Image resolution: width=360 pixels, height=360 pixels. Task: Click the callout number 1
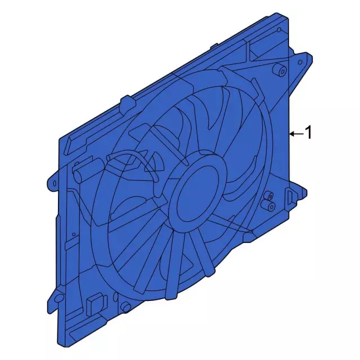(308, 133)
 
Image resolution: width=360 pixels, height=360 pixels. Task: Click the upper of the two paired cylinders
(268, 197)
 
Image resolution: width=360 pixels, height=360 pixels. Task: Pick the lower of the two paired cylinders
(271, 206)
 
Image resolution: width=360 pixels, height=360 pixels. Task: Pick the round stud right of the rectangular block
(127, 307)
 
